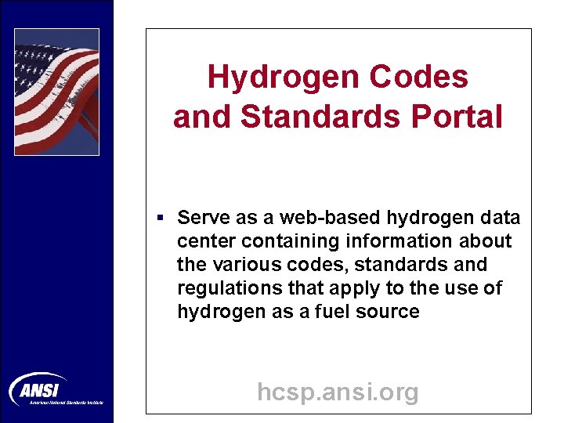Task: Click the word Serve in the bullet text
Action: point(201,217)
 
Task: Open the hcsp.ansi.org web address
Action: point(338,391)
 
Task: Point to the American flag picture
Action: point(56,92)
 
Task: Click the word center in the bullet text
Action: point(206,240)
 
